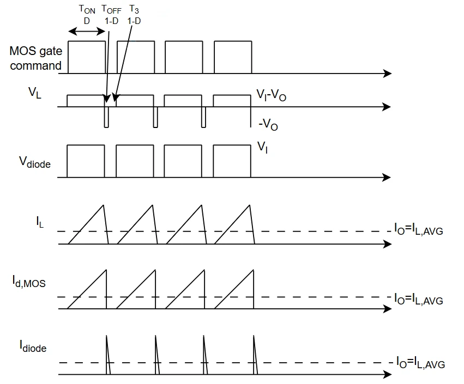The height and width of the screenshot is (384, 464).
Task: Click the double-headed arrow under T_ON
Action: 87,33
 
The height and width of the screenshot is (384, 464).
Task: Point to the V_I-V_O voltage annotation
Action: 272,96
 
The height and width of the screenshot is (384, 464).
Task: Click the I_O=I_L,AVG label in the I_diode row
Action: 420,363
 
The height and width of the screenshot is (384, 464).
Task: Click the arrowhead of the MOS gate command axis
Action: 388,74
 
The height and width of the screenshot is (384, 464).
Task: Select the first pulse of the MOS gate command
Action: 86,57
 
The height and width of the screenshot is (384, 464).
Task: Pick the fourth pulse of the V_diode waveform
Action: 232,161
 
